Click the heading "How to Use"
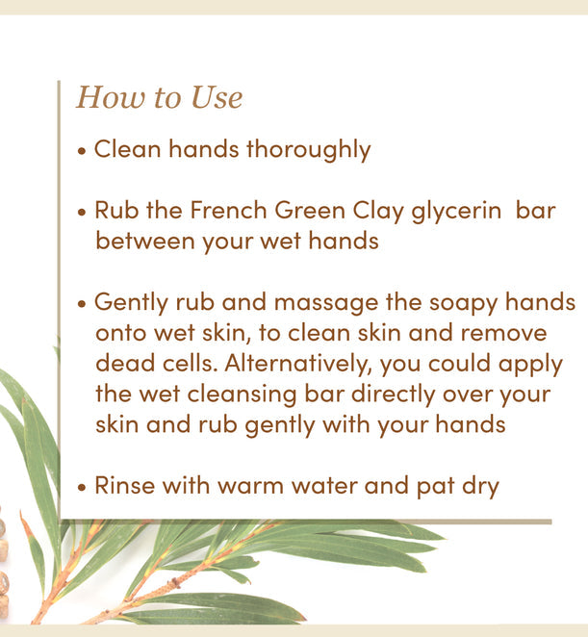coord(159,97)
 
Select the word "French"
coord(229,210)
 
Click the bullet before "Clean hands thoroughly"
coord(83,151)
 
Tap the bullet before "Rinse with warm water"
coord(83,486)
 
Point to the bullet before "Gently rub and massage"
coord(83,303)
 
